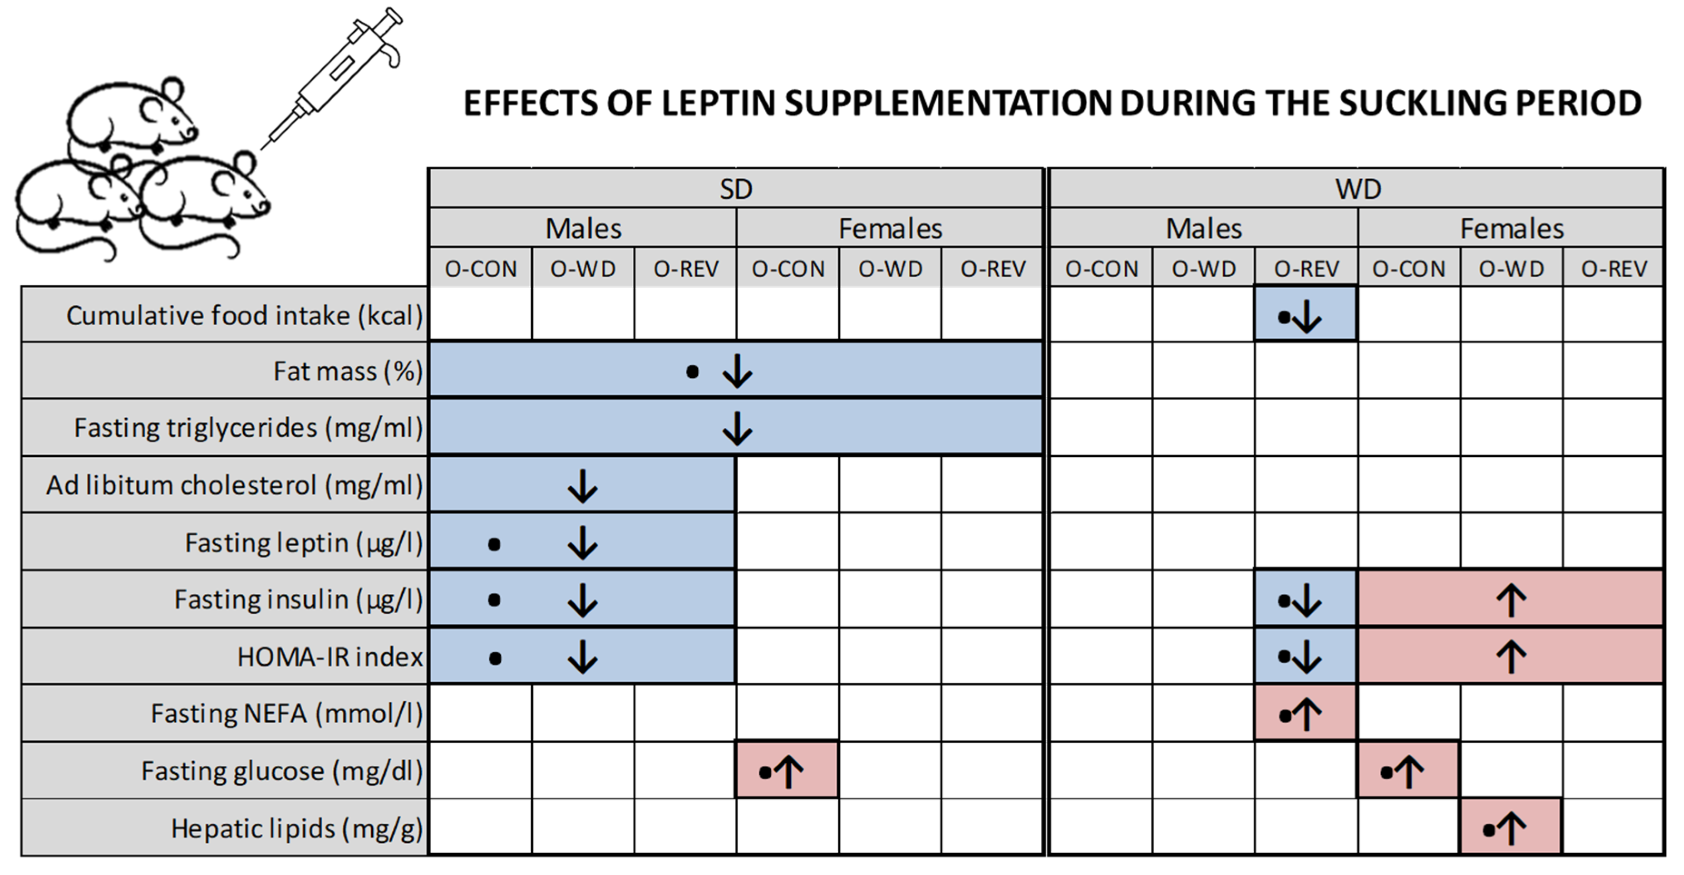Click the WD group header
tap(1358, 190)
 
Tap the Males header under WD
tap(1203, 229)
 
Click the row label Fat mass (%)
tap(348, 371)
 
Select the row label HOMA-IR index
tap(330, 657)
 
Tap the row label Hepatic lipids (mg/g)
tap(297, 829)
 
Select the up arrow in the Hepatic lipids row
tap(1512, 829)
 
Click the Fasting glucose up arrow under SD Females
tap(789, 772)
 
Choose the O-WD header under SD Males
tap(582, 269)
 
